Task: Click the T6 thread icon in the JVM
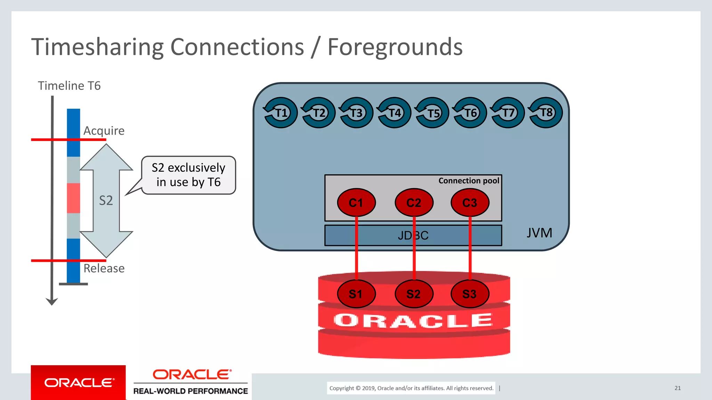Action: coord(470,112)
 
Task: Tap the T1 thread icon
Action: coord(280,112)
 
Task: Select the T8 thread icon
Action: coord(545,112)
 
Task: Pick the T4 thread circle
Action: coord(394,112)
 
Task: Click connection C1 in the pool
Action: coord(356,202)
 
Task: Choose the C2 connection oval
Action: coord(414,202)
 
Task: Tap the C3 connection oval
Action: coord(470,202)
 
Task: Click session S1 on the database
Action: coord(356,294)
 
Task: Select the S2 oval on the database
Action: coord(414,294)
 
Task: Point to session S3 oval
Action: coord(470,294)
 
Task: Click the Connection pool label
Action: coord(468,181)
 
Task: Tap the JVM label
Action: coord(539,233)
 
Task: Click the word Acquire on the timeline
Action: coord(104,131)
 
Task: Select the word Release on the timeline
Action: coord(104,268)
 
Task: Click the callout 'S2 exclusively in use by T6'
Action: coord(188,175)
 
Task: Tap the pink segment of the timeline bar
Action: coord(73,198)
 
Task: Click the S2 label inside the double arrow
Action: coord(106,200)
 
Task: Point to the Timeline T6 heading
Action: coord(69,85)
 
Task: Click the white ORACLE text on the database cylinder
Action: coord(413,320)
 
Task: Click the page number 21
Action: coord(677,388)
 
